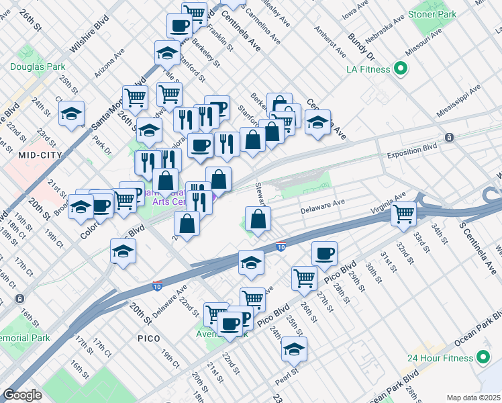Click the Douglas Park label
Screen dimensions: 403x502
click(x=38, y=66)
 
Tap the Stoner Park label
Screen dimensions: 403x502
click(x=434, y=13)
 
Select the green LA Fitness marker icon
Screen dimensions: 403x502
click(x=401, y=69)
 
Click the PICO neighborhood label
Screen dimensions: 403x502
click(x=149, y=338)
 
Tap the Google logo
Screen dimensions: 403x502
click(x=23, y=395)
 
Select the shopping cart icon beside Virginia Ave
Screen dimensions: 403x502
click(x=404, y=213)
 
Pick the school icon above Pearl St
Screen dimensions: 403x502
click(x=294, y=349)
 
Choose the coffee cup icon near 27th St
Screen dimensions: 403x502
click(x=324, y=253)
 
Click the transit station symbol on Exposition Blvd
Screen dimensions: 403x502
click(x=448, y=137)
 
